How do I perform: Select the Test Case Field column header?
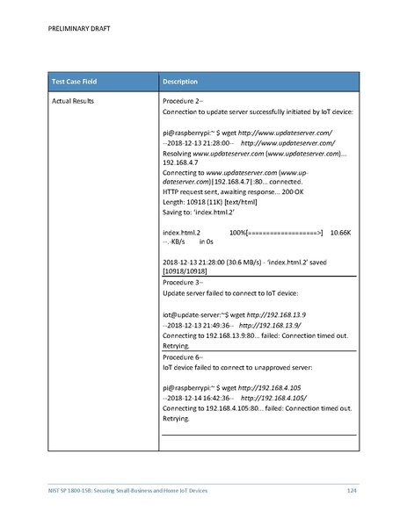click(x=73, y=82)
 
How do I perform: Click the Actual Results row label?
click(x=70, y=103)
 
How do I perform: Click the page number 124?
click(x=351, y=488)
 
